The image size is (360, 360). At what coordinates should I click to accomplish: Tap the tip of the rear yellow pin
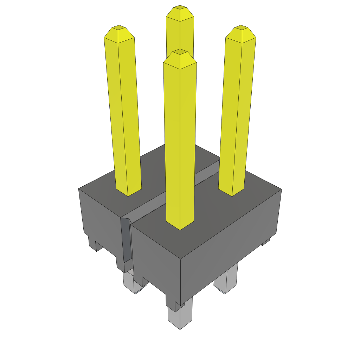coord(180,8)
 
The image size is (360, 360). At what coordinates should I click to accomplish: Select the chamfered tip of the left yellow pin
coord(119,28)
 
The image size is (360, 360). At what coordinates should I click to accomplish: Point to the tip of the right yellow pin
coord(241,28)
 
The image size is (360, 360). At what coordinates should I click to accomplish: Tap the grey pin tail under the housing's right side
coord(226,281)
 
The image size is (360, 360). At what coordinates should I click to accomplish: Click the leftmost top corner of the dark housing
coord(79,189)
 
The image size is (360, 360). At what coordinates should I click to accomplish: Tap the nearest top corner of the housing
coord(180,259)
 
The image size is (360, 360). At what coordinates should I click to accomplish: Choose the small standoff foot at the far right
coord(266,242)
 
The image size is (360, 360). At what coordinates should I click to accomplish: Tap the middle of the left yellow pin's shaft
coord(123,112)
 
